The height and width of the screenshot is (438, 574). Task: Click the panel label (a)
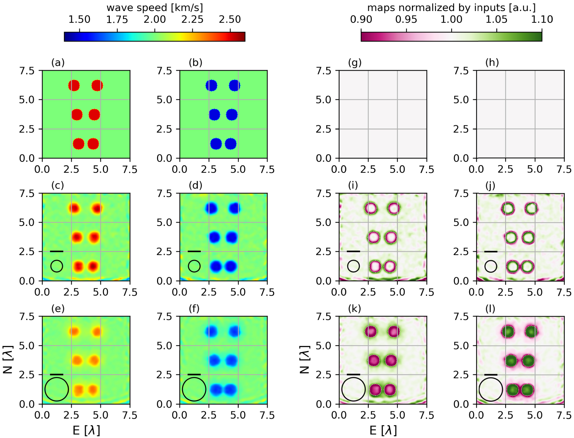tap(58, 63)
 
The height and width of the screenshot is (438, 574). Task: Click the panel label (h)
tap(492, 63)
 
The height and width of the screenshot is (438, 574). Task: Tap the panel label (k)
tap(354, 308)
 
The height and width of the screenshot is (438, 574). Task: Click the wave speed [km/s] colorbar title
tap(155, 7)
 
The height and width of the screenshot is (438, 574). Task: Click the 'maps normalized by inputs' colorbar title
tap(451, 7)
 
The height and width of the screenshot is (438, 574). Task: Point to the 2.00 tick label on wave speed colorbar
tap(155, 19)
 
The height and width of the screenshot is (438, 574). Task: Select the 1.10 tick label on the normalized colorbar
tap(542, 19)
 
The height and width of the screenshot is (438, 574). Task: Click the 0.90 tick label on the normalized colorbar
tap(361, 19)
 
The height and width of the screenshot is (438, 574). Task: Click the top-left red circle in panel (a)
tap(74, 86)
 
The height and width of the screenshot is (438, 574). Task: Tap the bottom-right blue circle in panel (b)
tap(231, 144)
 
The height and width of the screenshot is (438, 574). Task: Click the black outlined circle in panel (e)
tap(57, 389)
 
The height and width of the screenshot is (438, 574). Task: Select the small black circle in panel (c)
tap(57, 266)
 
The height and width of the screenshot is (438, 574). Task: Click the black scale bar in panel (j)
tap(490, 251)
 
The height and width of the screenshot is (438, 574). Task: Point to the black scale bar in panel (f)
tap(194, 375)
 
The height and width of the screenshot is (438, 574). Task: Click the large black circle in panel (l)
tap(490, 389)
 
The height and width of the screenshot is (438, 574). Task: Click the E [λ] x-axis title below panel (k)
tap(383, 430)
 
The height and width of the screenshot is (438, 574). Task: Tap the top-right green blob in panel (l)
tap(531, 332)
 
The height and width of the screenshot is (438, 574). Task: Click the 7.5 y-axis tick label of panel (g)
tap(324, 70)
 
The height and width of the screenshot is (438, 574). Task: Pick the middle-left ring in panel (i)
tap(373, 237)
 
